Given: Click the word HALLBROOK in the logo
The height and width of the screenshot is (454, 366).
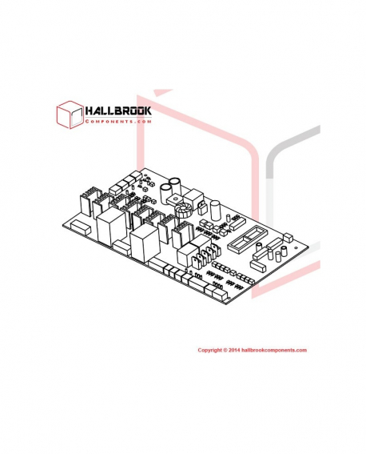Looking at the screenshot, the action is [x=118, y=110].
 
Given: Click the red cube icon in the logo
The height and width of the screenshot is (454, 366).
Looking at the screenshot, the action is [x=70, y=115].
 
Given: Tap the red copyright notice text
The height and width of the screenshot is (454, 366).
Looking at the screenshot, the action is [x=252, y=350].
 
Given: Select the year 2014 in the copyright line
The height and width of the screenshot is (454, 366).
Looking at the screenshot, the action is [x=233, y=350].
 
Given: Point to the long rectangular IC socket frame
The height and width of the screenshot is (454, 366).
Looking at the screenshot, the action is [x=245, y=239].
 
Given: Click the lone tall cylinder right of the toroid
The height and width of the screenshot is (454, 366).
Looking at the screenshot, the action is [x=215, y=211].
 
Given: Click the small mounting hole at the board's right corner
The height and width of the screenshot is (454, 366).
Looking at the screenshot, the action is [x=296, y=248].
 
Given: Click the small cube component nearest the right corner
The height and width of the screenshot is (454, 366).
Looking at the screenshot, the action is [x=288, y=238].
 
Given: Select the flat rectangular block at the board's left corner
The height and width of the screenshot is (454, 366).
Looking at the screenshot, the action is [x=81, y=227].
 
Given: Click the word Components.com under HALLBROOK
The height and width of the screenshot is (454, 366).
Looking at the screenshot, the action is [x=118, y=122].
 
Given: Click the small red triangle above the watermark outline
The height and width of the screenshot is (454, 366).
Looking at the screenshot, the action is [x=162, y=92].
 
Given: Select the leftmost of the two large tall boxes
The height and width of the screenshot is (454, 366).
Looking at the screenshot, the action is [x=112, y=227].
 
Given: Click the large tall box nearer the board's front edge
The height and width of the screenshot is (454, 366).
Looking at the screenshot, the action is [x=145, y=243].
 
